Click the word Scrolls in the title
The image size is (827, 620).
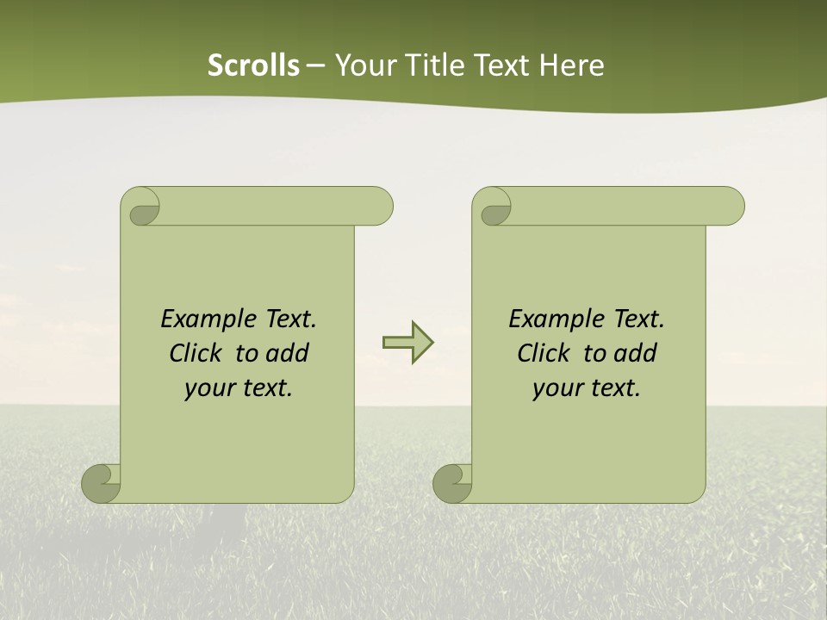(x=253, y=65)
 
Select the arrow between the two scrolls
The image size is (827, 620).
(x=407, y=343)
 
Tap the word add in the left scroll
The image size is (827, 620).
(x=287, y=353)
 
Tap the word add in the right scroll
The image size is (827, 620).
(x=635, y=353)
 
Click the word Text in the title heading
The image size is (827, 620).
(x=501, y=65)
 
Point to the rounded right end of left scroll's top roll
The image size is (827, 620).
(x=380, y=206)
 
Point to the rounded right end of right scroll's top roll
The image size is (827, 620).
(x=731, y=206)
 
